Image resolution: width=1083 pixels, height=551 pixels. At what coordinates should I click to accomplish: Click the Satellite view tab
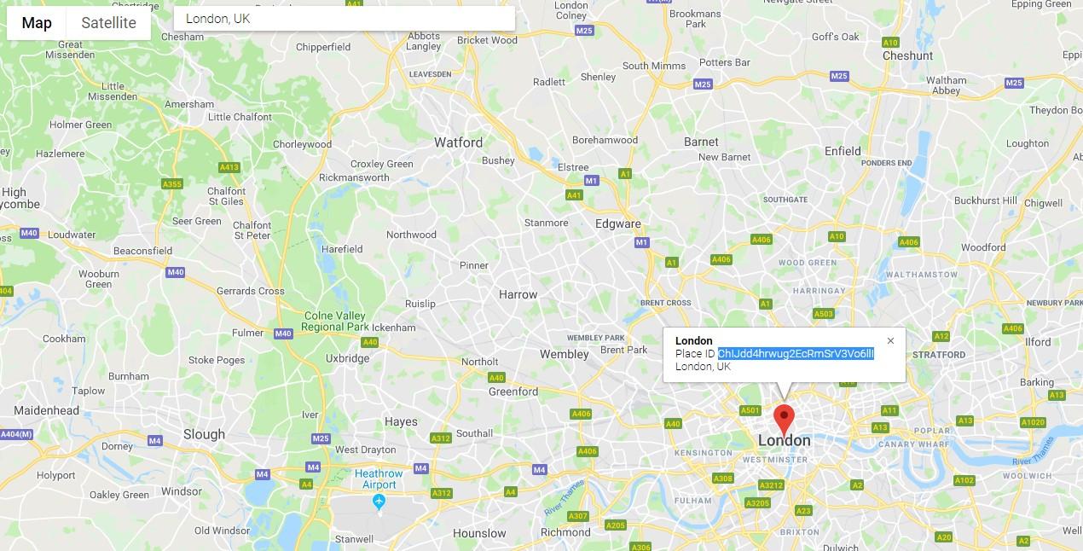pyautogui.click(x=108, y=23)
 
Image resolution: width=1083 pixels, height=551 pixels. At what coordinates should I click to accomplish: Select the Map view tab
pyautogui.click(x=37, y=23)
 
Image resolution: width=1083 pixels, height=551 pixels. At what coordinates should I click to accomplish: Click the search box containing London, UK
pyautogui.click(x=344, y=19)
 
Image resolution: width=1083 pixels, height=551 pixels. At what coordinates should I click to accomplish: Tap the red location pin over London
pyautogui.click(x=784, y=420)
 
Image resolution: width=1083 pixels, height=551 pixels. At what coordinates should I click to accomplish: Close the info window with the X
pyautogui.click(x=890, y=341)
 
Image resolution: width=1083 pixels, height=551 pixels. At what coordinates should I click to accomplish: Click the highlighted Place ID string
pyautogui.click(x=796, y=354)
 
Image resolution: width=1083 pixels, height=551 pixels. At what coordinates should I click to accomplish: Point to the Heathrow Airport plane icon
pyautogui.click(x=379, y=502)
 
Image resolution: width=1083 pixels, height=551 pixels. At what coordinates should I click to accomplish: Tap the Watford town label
pyautogui.click(x=458, y=142)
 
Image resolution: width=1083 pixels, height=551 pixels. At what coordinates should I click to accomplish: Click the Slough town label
pyautogui.click(x=205, y=434)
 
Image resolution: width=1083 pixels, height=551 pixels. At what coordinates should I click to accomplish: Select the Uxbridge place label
pyautogui.click(x=347, y=358)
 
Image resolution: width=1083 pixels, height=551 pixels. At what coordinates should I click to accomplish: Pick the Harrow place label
pyautogui.click(x=518, y=294)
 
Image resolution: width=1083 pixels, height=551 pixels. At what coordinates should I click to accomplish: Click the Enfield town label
pyautogui.click(x=843, y=151)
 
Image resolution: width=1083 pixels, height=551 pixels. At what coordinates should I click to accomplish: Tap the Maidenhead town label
pyautogui.click(x=47, y=410)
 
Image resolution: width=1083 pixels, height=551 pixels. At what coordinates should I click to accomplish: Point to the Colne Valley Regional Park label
pyautogui.click(x=334, y=322)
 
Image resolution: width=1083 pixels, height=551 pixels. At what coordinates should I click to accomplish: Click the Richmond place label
pyautogui.click(x=565, y=532)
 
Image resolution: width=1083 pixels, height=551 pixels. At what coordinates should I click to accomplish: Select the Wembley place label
pyautogui.click(x=564, y=354)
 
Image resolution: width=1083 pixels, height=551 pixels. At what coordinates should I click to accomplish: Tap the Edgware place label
pyautogui.click(x=617, y=224)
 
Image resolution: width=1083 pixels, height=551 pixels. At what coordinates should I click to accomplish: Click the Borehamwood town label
pyautogui.click(x=605, y=140)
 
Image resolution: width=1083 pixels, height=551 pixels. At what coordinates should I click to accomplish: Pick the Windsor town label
pyautogui.click(x=182, y=491)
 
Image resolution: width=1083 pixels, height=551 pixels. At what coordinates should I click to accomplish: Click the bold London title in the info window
pyautogui.click(x=694, y=341)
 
